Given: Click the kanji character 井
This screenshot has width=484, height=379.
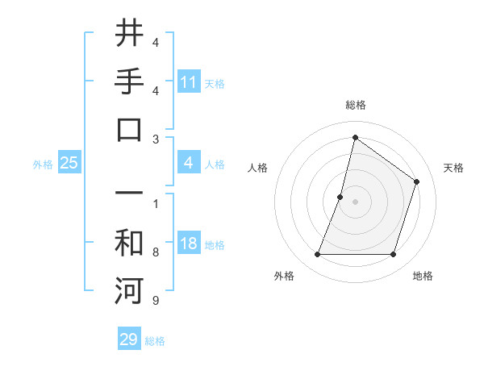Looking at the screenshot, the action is tap(129, 35).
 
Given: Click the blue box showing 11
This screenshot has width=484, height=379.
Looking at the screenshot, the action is tap(189, 81).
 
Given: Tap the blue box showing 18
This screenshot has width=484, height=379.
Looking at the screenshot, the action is tap(189, 244).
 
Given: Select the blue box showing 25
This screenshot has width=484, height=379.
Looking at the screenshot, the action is tap(69, 163).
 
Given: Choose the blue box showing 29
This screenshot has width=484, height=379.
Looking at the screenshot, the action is tap(129, 339).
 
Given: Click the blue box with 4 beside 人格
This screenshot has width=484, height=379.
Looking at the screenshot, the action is tap(189, 163).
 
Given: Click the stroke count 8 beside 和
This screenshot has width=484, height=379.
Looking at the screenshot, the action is tap(156, 252).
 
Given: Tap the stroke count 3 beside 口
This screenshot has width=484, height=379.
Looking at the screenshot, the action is tap(156, 139).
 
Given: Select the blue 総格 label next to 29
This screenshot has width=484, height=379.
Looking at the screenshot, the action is tap(155, 341).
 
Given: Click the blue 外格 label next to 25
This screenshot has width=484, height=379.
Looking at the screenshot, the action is tap(43, 164).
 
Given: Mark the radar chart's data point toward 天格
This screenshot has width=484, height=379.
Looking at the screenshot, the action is tap(417, 181).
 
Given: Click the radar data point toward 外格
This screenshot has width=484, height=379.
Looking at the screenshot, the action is tap(317, 255).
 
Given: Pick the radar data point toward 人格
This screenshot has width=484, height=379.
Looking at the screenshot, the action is tap(340, 197).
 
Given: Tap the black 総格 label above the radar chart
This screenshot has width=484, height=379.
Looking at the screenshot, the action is tap(355, 105).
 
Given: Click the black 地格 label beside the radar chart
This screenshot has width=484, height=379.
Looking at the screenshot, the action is tap(423, 276).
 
